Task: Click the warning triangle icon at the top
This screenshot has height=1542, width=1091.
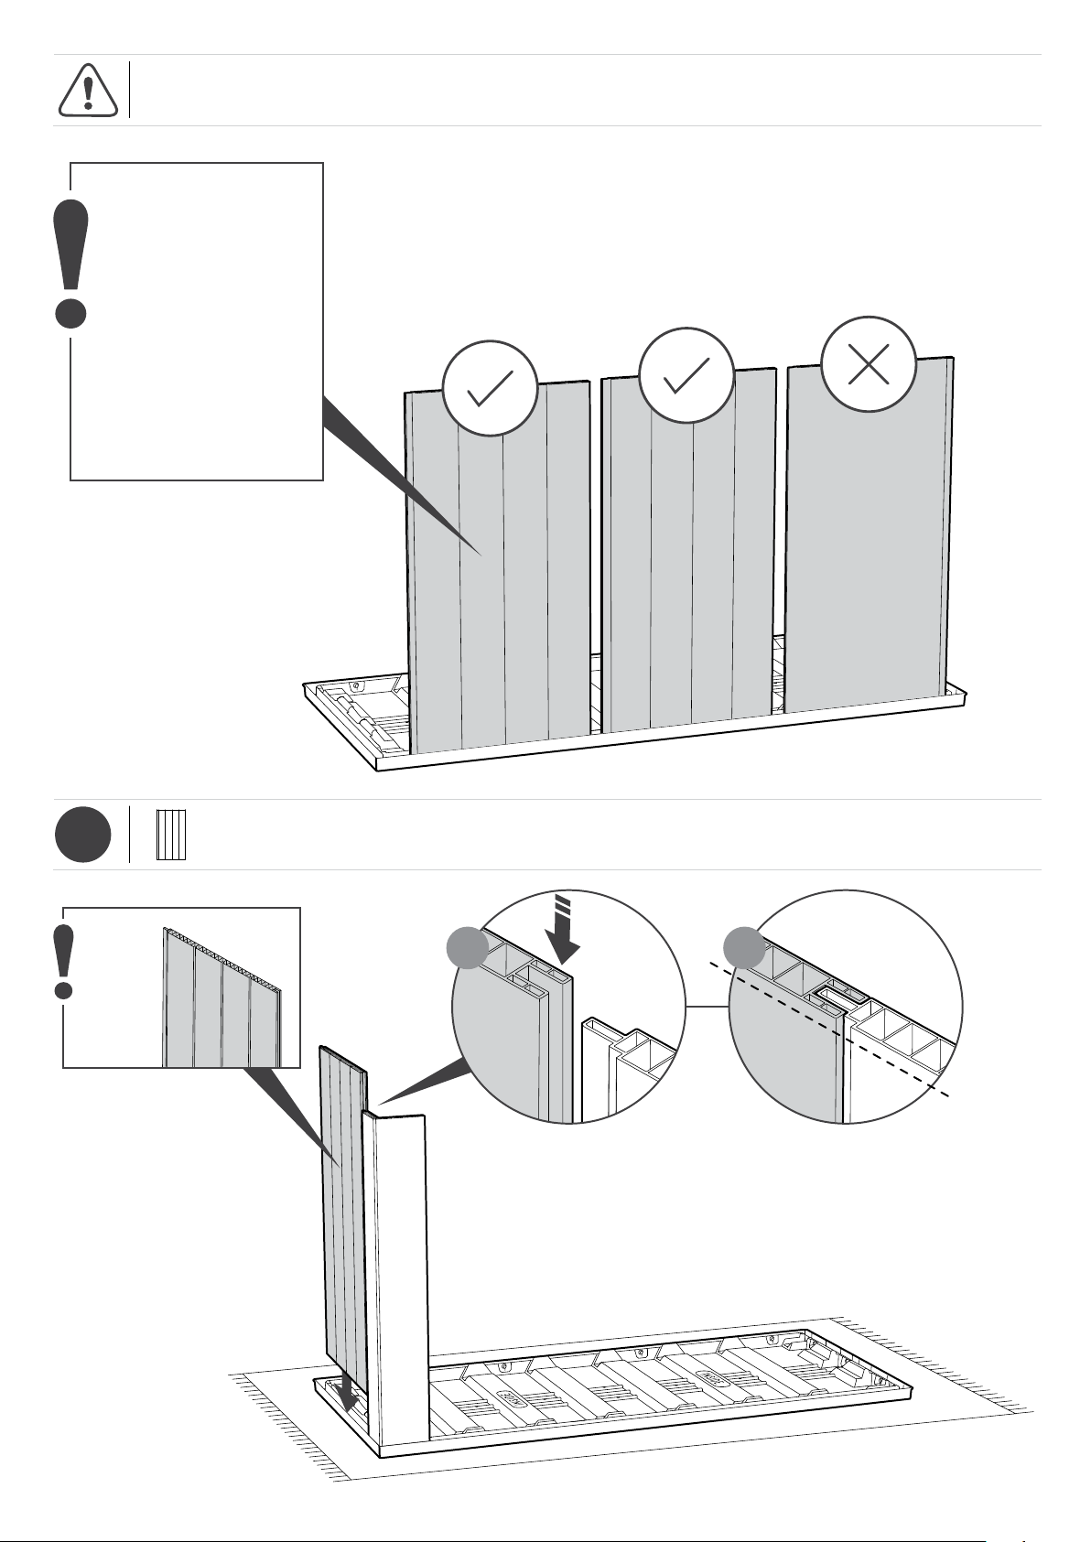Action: [x=88, y=91]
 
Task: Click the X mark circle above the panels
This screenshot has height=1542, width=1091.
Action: [x=869, y=363]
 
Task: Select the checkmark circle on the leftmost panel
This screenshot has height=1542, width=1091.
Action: [x=489, y=388]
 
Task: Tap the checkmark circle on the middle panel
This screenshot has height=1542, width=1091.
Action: [x=686, y=376]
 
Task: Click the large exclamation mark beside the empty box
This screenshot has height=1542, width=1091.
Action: [x=71, y=264]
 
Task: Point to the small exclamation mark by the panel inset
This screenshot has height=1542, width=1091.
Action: [x=63, y=961]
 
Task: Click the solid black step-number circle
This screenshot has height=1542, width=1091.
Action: [x=82, y=834]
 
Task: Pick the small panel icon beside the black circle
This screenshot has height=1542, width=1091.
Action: [x=171, y=834]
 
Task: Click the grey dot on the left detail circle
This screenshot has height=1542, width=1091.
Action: [x=467, y=947]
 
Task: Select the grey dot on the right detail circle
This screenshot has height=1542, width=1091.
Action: [x=743, y=947]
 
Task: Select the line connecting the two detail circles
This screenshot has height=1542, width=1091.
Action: [x=707, y=1007]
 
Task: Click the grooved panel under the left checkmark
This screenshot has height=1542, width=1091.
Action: [x=499, y=586]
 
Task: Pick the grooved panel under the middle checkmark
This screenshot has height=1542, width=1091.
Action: [x=688, y=567]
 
